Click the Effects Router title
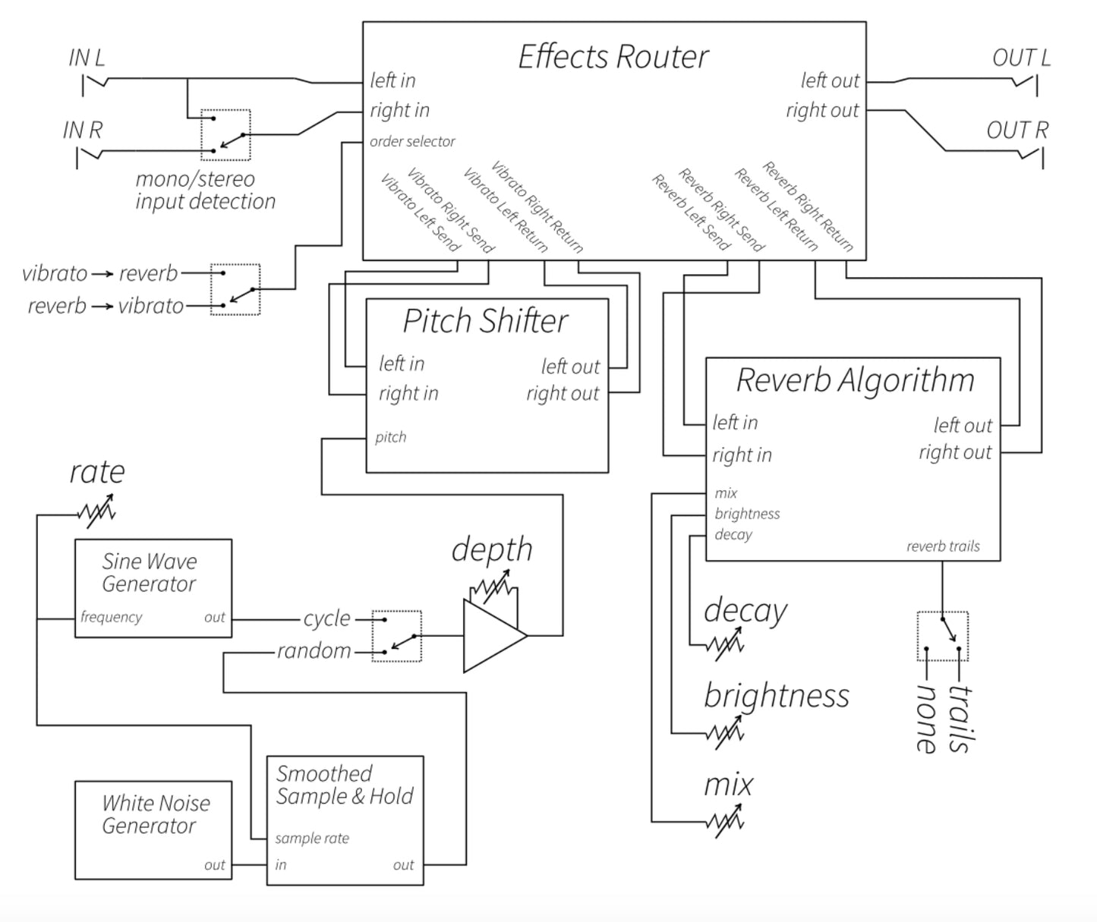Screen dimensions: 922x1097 pyautogui.click(x=613, y=57)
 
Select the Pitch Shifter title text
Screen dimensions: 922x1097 pyautogui.click(x=485, y=321)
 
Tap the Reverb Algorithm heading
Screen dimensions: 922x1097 pyautogui.click(x=855, y=380)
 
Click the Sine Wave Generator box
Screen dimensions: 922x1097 pyautogui.click(x=153, y=588)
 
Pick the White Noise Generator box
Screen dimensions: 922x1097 pyautogui.click(x=153, y=829)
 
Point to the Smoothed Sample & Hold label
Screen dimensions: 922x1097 pyautogui.click(x=344, y=785)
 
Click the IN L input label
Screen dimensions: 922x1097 pyautogui.click(x=87, y=58)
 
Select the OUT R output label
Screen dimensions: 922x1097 pyautogui.click(x=1017, y=131)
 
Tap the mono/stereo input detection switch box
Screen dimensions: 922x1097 pyautogui.click(x=225, y=135)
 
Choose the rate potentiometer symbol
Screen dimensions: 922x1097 pyautogui.click(x=97, y=511)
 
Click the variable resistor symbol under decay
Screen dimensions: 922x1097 pyautogui.click(x=725, y=644)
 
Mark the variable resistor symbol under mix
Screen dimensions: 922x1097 pyautogui.click(x=725, y=821)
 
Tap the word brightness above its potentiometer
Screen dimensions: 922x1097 pyautogui.click(x=776, y=696)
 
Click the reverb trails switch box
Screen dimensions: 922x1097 pyautogui.click(x=942, y=636)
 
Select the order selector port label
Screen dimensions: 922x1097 pyautogui.click(x=412, y=142)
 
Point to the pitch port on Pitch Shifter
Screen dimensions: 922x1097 pyautogui.click(x=391, y=437)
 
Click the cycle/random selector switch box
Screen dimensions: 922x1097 pyautogui.click(x=396, y=636)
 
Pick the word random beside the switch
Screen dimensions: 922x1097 pyautogui.click(x=314, y=651)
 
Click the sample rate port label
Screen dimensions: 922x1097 pyautogui.click(x=312, y=839)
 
